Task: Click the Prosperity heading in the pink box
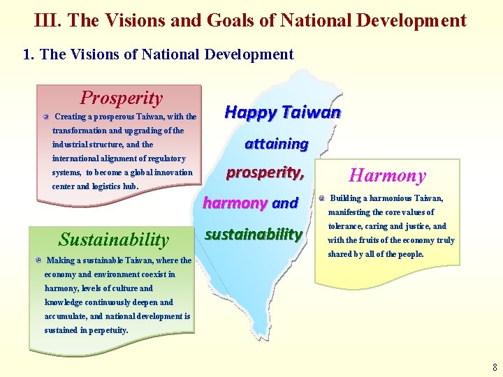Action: (x=121, y=98)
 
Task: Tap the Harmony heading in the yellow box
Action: (x=387, y=176)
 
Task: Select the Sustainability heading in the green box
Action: (x=114, y=240)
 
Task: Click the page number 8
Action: (x=495, y=367)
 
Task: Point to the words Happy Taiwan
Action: (x=282, y=112)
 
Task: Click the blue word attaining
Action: (x=276, y=144)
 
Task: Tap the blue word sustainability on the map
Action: (x=253, y=234)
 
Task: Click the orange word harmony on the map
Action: (x=235, y=203)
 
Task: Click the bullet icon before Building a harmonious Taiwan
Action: (x=321, y=198)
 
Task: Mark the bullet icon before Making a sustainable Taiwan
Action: (x=38, y=260)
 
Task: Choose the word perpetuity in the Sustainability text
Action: (x=106, y=330)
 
